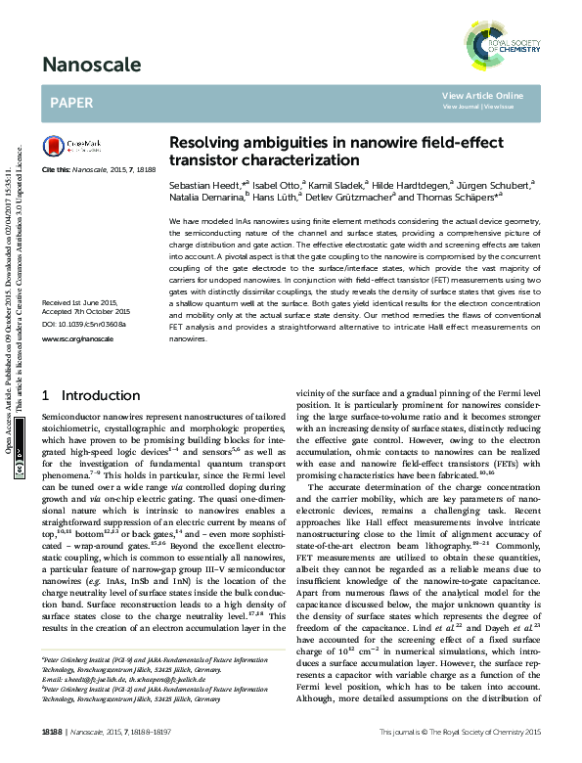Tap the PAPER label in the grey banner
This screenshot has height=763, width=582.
coord(70,101)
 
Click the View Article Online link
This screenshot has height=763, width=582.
coord(482,95)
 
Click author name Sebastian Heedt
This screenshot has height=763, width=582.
coord(196,184)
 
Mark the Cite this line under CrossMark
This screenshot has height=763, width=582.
coord(99,170)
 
